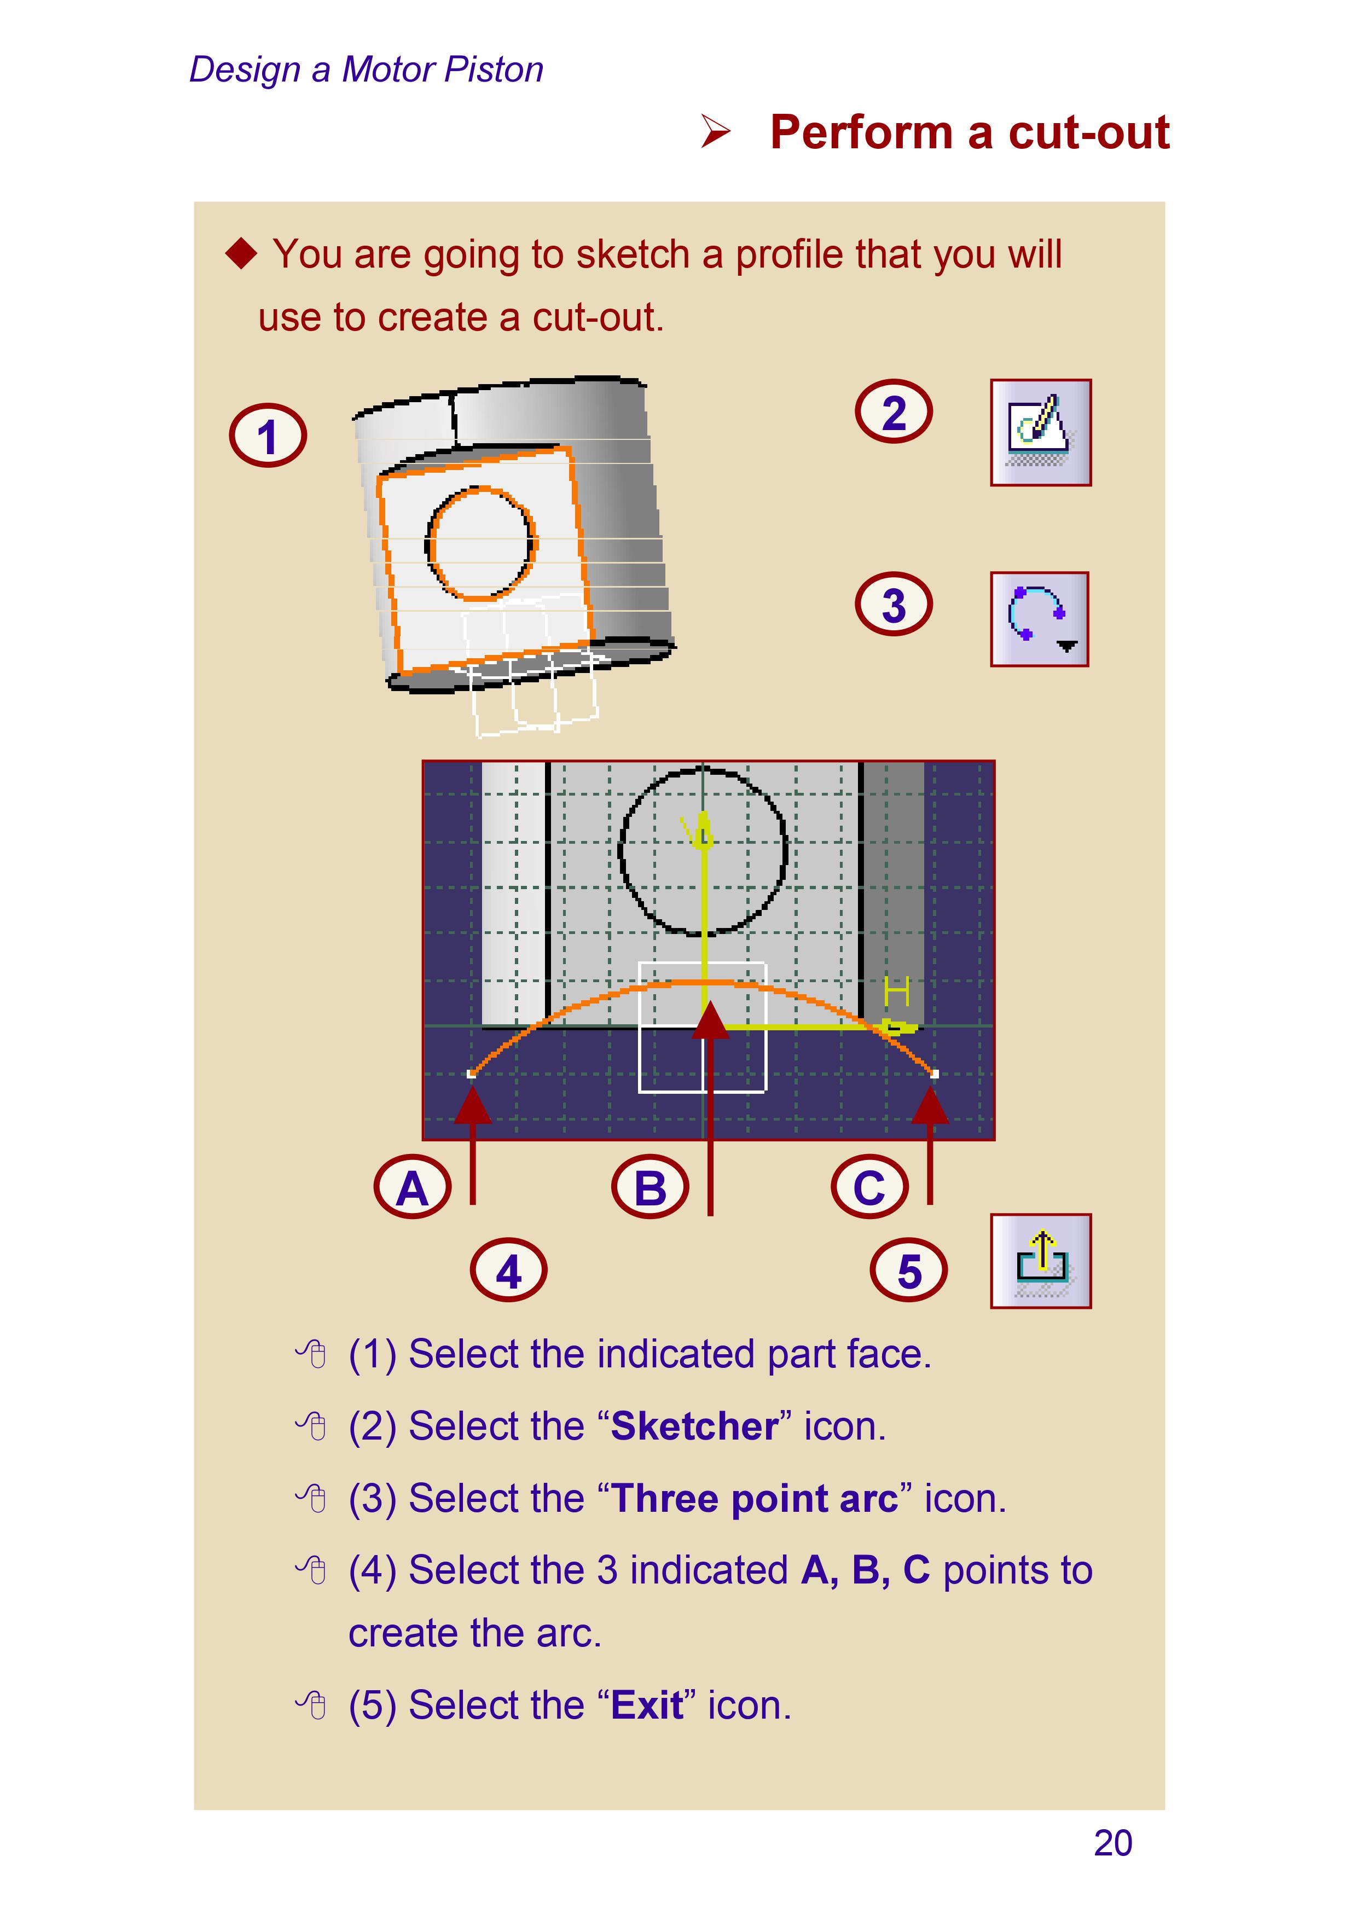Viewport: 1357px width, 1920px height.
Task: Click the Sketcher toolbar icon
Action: [1040, 432]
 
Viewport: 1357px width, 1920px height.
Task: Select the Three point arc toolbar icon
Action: [1039, 619]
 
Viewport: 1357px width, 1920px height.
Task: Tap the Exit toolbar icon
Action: [1040, 1261]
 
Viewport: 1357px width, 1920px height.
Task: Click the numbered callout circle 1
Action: [268, 436]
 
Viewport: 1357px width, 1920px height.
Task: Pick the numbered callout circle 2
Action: [893, 411]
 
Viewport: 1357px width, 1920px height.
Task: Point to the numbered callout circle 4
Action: [508, 1271]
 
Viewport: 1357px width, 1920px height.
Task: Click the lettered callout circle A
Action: [412, 1187]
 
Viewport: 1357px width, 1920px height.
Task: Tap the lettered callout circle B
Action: [649, 1187]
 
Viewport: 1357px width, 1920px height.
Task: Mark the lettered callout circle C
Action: [869, 1187]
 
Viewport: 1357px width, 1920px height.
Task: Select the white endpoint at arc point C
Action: [934, 1074]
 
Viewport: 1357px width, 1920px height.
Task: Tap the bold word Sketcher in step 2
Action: [694, 1426]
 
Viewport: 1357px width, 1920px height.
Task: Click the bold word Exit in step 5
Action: [646, 1704]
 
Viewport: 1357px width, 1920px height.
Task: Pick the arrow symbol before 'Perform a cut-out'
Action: [716, 132]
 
